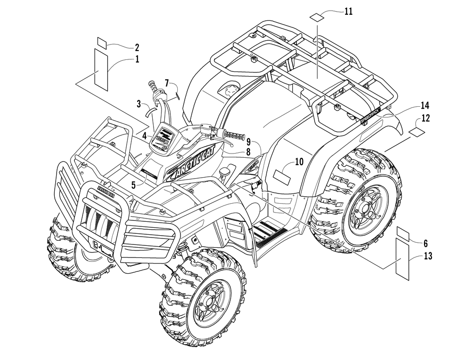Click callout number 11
(348, 12)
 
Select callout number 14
(425, 105)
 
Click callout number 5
(133, 184)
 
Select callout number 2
(137, 47)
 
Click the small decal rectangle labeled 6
(403, 232)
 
